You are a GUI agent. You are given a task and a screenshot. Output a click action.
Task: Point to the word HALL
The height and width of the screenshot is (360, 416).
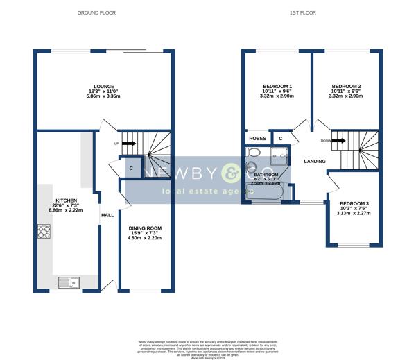(x=107, y=216)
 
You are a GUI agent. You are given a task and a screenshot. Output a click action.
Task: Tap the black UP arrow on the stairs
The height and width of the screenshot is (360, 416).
(x=128, y=144)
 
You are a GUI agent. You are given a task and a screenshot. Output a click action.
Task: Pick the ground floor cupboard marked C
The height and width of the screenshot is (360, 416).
(x=131, y=168)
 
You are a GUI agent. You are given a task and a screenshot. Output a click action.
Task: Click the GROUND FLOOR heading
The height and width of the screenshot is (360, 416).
(x=97, y=12)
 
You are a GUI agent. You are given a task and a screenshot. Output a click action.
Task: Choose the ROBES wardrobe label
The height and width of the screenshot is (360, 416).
(x=257, y=139)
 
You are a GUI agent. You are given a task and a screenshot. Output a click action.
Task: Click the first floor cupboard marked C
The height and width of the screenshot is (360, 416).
(x=281, y=139)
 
